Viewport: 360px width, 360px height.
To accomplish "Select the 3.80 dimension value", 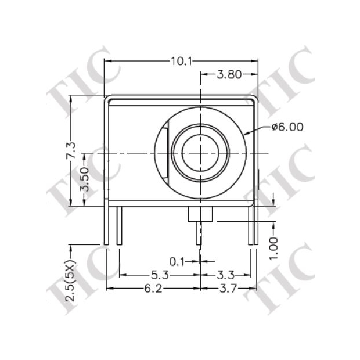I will (x=229, y=74).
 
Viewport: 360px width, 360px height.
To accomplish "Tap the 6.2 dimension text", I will (x=153, y=289).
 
